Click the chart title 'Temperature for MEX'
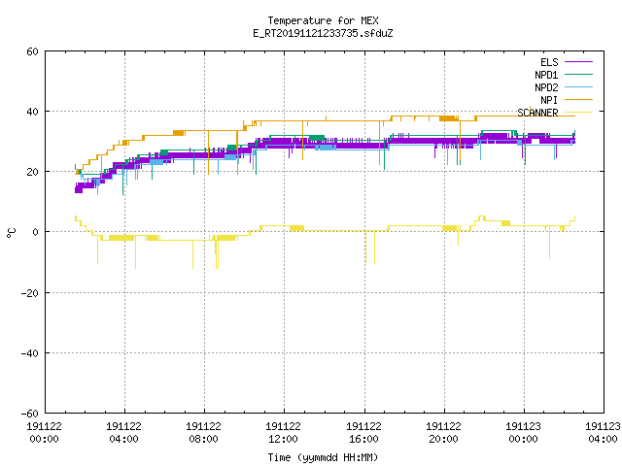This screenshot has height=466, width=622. coord(323,20)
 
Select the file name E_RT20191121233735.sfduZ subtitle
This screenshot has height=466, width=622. coord(323,33)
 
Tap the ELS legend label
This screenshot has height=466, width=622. coord(549,62)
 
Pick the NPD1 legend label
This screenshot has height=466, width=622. coord(546,75)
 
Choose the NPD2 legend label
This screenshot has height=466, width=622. coord(546,87)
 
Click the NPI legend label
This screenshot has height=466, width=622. coord(549,100)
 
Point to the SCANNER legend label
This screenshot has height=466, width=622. coord(537,113)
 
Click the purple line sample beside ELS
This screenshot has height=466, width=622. coord(578,62)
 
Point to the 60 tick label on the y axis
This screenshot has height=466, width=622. coord(32,51)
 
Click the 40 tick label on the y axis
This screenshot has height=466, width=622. coord(32,112)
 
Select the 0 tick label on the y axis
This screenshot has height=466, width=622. coord(36,232)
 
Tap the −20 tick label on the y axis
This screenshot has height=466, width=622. coord(30,293)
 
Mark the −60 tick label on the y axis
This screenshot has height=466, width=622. coord(30,414)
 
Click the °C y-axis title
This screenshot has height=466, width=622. coord(11,233)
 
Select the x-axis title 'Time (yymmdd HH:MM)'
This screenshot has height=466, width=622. coord(323,457)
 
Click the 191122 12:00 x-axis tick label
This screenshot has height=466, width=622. coord(283,433)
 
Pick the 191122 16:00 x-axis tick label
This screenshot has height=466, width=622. coord(363,433)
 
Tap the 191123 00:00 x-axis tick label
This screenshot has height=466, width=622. coord(523,433)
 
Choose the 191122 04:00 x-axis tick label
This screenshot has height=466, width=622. coord(123,433)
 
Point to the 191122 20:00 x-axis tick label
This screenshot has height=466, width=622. coord(443,433)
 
